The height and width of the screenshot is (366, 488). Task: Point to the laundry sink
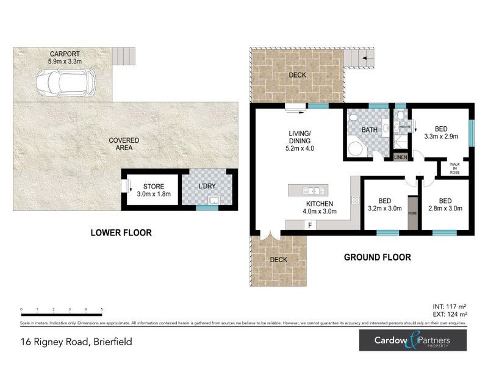click(x=214, y=199)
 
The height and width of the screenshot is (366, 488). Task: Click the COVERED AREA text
click(x=124, y=144)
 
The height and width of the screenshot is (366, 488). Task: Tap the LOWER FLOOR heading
click(x=121, y=232)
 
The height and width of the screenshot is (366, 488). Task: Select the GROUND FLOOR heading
click(x=377, y=257)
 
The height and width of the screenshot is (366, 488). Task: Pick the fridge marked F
click(x=310, y=225)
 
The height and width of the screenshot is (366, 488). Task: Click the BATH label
click(x=369, y=130)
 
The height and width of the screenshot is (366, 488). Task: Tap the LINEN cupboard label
click(x=400, y=157)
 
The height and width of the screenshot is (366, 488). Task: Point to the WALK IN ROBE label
click(x=454, y=168)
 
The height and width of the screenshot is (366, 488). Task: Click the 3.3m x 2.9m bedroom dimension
click(x=440, y=137)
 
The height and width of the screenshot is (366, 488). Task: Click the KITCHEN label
click(x=319, y=203)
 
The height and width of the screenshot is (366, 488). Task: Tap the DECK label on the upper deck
click(x=298, y=75)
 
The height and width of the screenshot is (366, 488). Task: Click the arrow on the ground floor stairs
click(x=365, y=59)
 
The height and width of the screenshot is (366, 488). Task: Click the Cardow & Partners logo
click(x=412, y=340)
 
